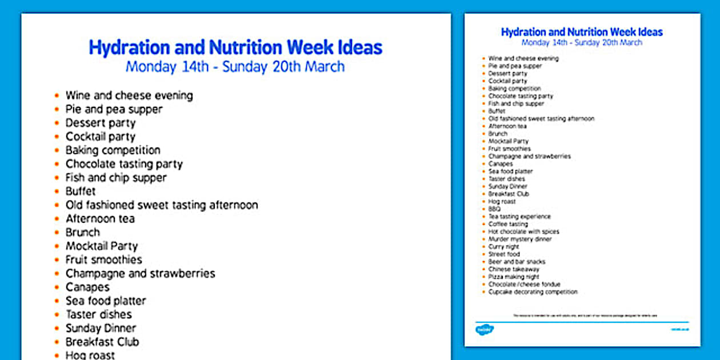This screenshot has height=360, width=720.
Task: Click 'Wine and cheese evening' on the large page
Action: [x=129, y=95]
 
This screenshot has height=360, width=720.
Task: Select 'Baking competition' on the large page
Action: [x=113, y=150]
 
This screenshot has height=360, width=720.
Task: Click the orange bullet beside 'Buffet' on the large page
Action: [x=57, y=191]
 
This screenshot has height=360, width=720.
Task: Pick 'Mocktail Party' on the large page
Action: [x=102, y=246]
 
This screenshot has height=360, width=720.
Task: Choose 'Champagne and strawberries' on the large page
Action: [x=140, y=274]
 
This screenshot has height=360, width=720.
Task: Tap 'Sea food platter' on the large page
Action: [x=106, y=301]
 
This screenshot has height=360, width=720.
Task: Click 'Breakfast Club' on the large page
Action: [x=102, y=342]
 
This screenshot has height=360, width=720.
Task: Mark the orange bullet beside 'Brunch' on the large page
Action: [x=57, y=233]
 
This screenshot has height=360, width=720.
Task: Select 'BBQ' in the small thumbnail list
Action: [x=494, y=209]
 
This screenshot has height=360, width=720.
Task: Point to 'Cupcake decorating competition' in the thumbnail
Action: [x=533, y=292]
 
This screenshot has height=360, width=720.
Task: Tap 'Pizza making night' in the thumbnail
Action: [x=514, y=277]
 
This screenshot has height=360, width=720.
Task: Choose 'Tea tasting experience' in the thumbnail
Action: [x=519, y=217]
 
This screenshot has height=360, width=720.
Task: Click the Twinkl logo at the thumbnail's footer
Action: [x=485, y=330]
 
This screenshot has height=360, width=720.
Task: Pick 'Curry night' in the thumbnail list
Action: [x=503, y=247]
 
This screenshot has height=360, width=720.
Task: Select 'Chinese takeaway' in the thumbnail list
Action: [x=514, y=269]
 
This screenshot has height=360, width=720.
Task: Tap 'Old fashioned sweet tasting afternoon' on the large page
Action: [x=162, y=205]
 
